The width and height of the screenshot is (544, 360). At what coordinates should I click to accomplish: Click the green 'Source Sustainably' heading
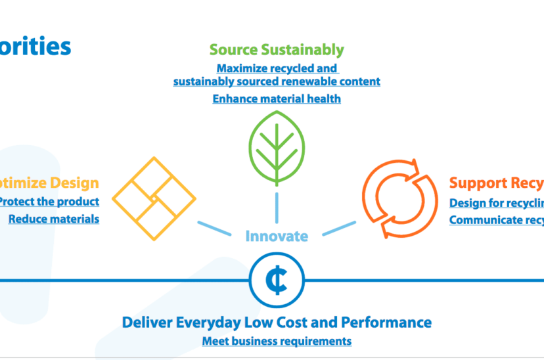pos(277,49)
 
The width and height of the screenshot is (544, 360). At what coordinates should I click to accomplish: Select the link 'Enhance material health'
pos(277,99)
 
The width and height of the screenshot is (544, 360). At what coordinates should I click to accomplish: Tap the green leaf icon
pos(277,147)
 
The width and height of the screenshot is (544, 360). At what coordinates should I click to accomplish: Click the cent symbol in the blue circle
pos(277,280)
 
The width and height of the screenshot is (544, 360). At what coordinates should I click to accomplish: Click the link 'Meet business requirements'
pos(277,341)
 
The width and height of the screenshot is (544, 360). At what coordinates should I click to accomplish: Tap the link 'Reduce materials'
pos(54,219)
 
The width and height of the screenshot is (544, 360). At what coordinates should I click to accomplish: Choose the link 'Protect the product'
pos(49,201)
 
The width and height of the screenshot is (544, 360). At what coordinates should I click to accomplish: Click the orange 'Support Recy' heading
pos(496,183)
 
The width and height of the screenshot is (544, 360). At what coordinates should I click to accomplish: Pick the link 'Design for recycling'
pos(496,203)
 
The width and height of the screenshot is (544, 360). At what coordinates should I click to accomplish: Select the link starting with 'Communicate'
pos(496,220)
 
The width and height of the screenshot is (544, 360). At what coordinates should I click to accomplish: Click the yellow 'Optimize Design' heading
pos(49,183)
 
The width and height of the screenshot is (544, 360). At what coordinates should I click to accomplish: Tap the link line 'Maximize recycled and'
pos(277,68)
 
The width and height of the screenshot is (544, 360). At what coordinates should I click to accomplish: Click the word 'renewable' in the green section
pos(313,81)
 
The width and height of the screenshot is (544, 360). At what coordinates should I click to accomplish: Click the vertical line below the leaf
pos(277,206)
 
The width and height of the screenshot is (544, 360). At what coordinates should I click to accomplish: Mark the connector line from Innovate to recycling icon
pos(339,227)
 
